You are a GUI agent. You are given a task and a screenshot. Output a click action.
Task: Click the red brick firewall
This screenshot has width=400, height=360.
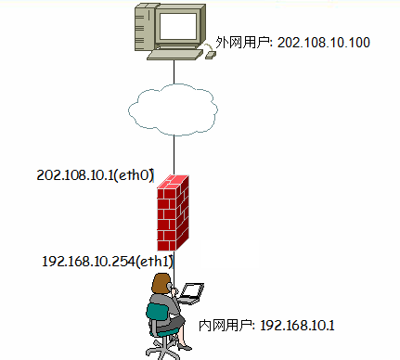pos(175,214)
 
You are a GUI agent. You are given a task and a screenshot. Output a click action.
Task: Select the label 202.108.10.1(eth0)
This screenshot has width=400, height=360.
pos(95,174)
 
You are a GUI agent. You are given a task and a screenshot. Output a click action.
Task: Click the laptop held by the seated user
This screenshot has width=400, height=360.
pos(190,294)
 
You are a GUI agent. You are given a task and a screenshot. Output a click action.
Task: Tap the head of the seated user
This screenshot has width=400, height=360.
pos(161,284)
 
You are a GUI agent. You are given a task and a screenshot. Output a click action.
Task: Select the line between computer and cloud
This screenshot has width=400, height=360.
pos(174,74)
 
